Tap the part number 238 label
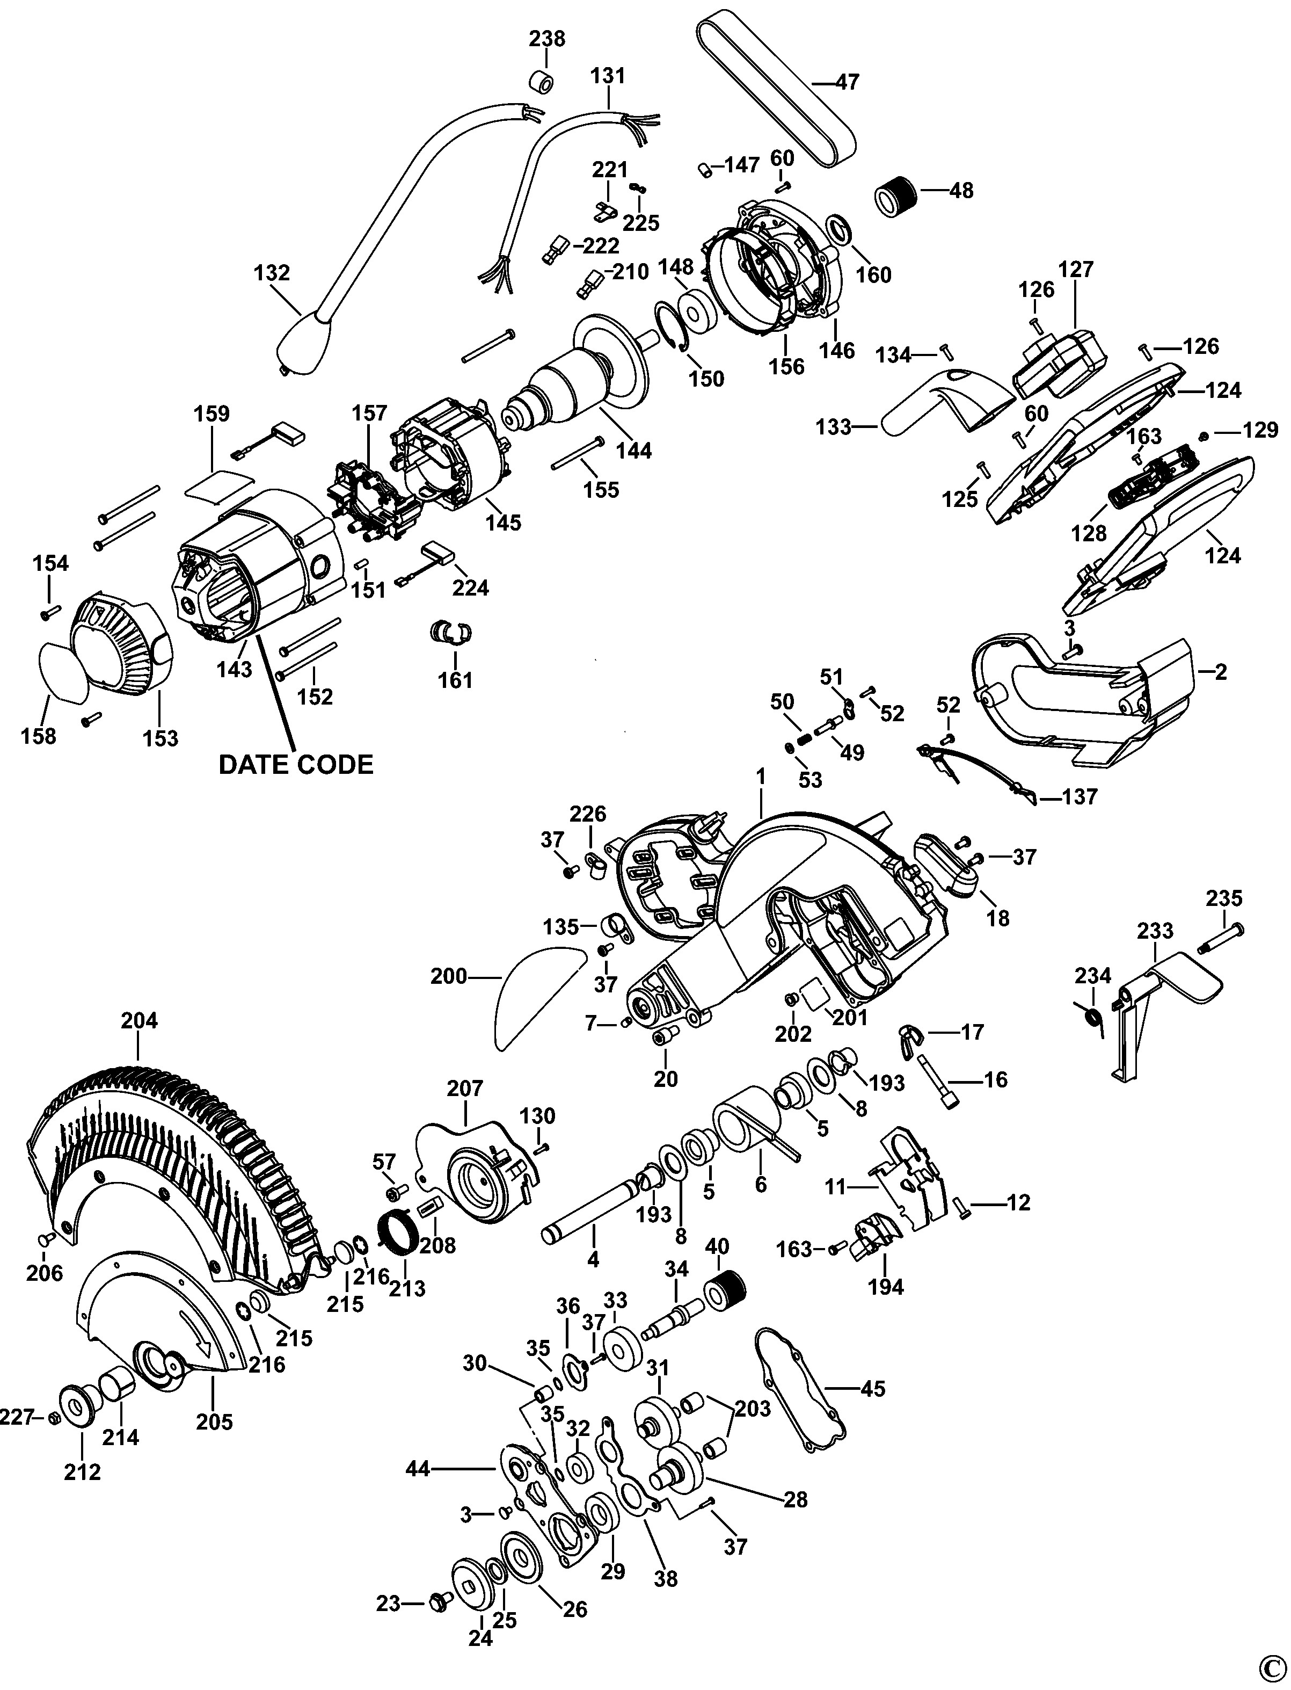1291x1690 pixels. click(546, 39)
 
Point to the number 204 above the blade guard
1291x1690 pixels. click(139, 1020)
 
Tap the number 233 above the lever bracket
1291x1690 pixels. click(1155, 930)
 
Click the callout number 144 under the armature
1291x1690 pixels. click(633, 450)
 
